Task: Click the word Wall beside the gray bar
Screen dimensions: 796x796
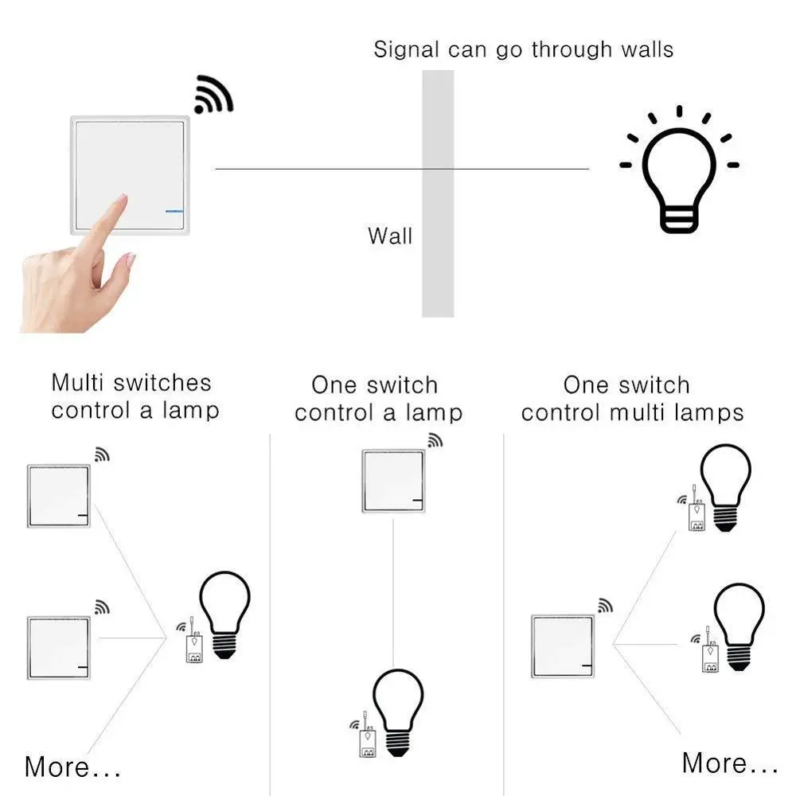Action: coord(390,236)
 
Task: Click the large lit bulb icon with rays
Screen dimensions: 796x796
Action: coord(679,175)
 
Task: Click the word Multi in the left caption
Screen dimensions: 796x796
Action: coord(78,383)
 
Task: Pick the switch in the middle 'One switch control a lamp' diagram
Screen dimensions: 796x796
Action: coord(393,481)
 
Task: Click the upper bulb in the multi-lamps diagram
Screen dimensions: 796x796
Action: coord(724,487)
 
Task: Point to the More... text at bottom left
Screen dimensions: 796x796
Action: coord(72,767)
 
